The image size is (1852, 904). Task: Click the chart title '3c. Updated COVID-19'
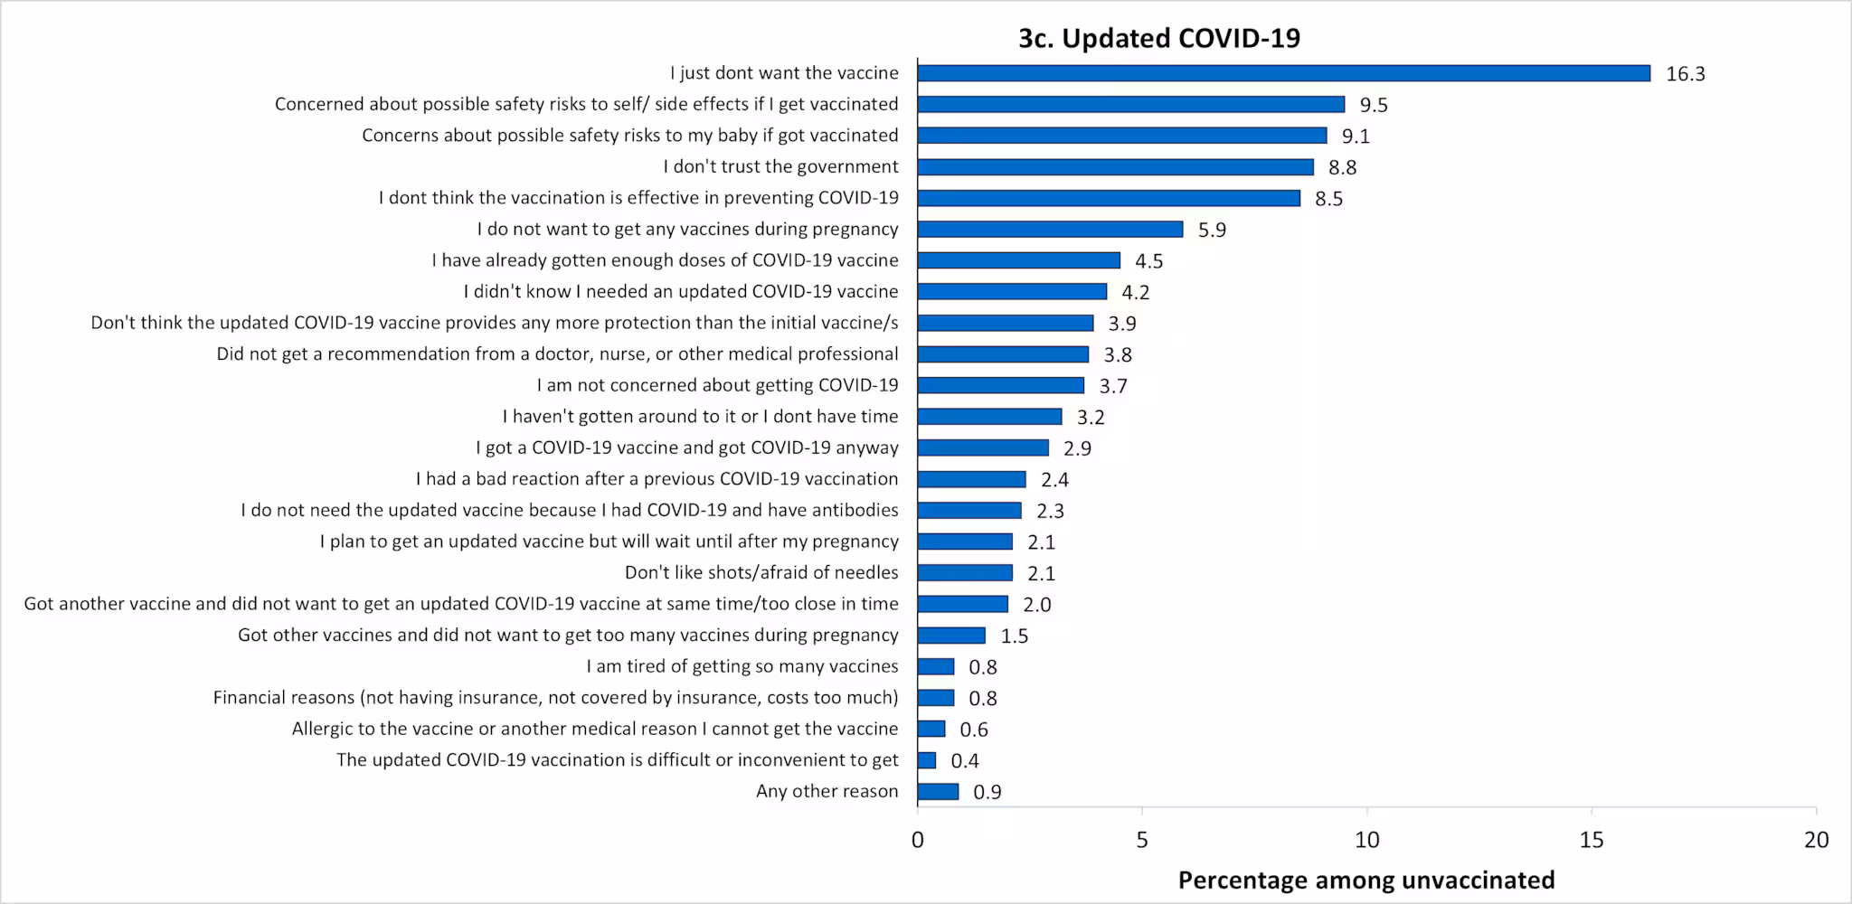[x=1158, y=38]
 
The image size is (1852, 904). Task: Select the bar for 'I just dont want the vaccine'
[x=1283, y=73]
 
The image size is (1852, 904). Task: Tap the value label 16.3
[x=1685, y=74]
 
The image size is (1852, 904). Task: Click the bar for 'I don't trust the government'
[x=1115, y=167]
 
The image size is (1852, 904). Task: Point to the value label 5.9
[x=1212, y=230]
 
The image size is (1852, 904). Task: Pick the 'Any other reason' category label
[x=827, y=791]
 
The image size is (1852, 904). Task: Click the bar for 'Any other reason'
[x=938, y=792]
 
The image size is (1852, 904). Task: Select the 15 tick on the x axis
[x=1591, y=840]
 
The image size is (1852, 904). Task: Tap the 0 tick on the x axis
[x=917, y=840]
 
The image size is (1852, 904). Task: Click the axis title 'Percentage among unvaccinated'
[x=1365, y=880]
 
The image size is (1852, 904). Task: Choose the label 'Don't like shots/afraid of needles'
[x=761, y=572]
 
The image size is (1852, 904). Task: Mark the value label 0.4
[x=964, y=761]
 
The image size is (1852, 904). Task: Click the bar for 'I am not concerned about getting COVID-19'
[x=1000, y=386]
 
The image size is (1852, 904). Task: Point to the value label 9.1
[x=1355, y=137]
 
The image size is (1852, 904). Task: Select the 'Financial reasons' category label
[x=555, y=697]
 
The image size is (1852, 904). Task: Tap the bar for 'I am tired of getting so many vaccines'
[x=935, y=667]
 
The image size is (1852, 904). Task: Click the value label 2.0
[x=1036, y=605]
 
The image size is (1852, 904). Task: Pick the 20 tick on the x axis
[x=1816, y=840]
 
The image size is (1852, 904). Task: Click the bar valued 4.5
[x=1018, y=260]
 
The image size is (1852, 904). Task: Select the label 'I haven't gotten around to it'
[x=700, y=417]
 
